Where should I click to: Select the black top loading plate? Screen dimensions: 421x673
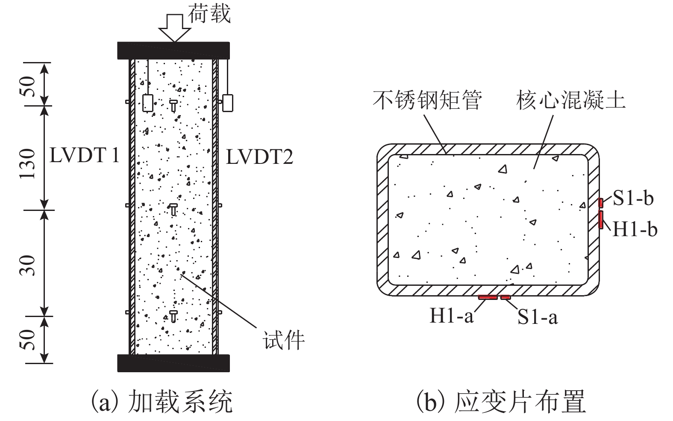click(x=174, y=50)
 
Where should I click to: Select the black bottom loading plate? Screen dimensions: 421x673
click(x=173, y=362)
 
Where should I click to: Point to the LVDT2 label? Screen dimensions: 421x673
click(x=259, y=157)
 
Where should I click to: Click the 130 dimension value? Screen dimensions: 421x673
click(x=28, y=163)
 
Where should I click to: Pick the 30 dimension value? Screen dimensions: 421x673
click(x=28, y=265)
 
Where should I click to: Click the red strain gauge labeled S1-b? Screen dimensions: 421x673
click(x=600, y=202)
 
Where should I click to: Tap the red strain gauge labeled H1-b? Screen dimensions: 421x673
click(x=601, y=219)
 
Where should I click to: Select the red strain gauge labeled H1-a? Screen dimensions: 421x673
click(x=488, y=297)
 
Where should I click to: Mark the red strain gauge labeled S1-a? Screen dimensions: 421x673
click(x=505, y=297)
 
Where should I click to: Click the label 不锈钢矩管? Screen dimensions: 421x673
click(x=427, y=100)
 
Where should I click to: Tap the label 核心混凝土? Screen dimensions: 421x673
click(x=570, y=100)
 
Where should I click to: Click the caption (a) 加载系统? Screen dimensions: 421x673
click(x=163, y=401)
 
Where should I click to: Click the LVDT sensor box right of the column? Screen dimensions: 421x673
click(x=227, y=103)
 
